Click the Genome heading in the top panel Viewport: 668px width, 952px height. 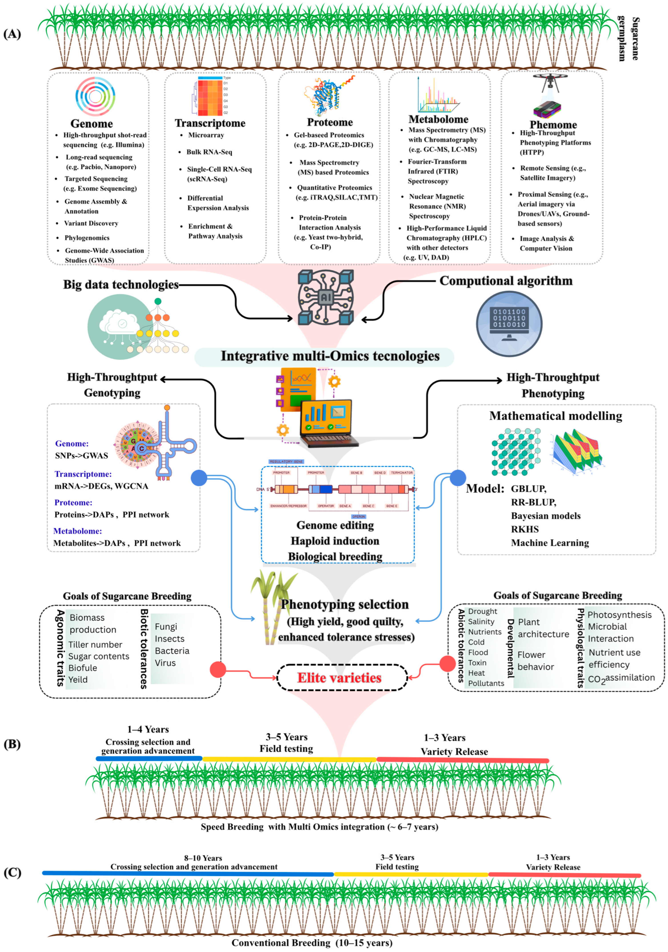click(x=92, y=124)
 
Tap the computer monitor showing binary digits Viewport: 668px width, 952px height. click(x=509, y=323)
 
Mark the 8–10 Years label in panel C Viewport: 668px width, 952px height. click(x=203, y=858)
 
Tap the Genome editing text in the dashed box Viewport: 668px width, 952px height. click(x=335, y=525)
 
